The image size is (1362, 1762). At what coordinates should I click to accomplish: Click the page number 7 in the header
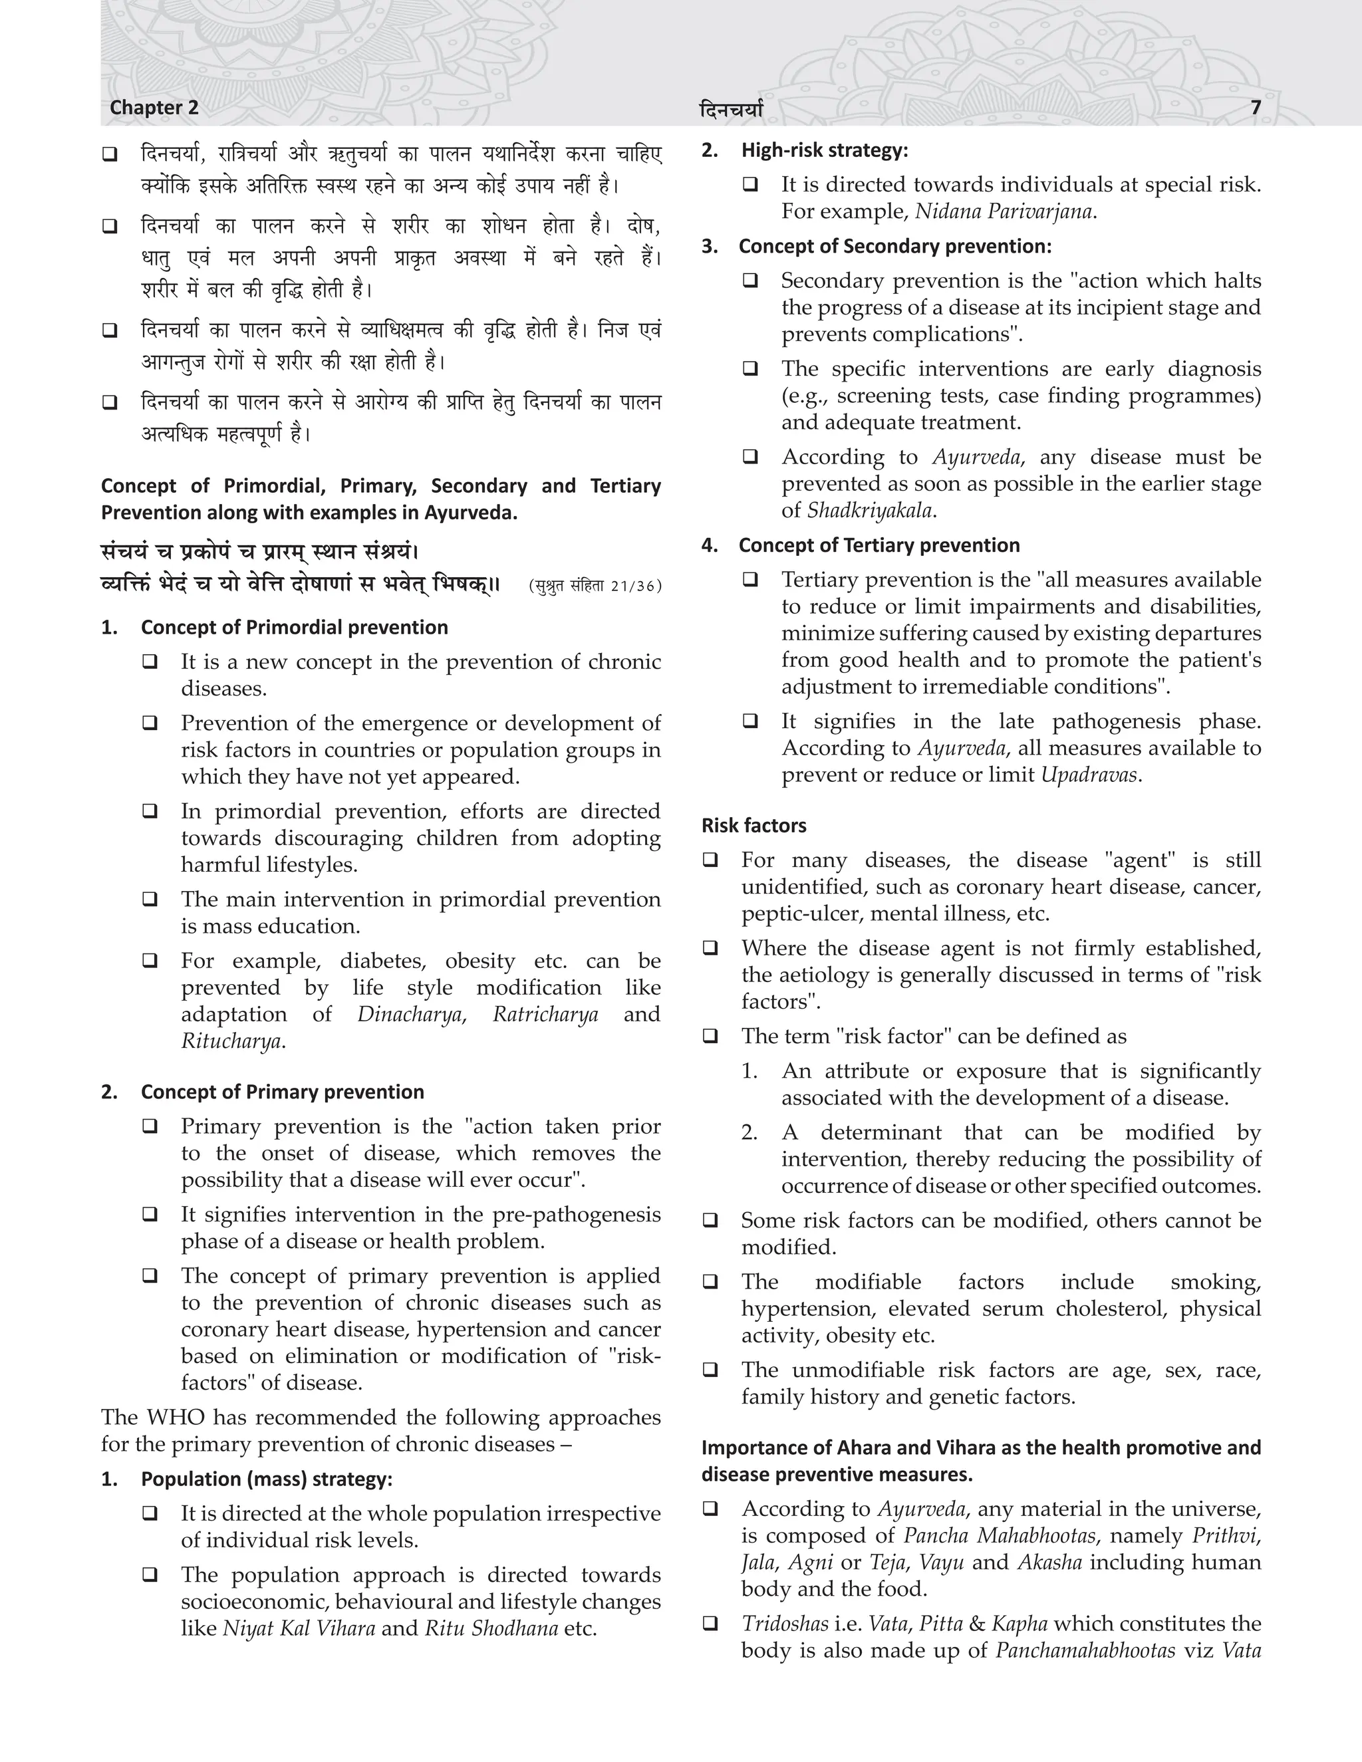click(x=1256, y=107)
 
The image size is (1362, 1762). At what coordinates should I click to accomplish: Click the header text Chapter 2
click(x=154, y=107)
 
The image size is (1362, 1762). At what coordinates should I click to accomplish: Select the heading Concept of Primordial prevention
click(x=295, y=628)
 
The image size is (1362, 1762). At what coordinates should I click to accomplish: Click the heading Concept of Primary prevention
click(x=283, y=1092)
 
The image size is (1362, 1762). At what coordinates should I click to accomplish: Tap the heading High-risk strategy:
click(x=825, y=150)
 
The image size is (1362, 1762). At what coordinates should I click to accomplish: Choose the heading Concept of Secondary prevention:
click(x=895, y=246)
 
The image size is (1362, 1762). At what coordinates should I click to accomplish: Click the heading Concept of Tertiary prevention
click(x=879, y=545)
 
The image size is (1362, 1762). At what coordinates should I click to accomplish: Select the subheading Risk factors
click(x=753, y=825)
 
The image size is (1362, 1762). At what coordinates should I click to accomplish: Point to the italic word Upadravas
click(x=1089, y=775)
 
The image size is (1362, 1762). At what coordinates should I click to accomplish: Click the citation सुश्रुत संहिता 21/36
click(x=595, y=586)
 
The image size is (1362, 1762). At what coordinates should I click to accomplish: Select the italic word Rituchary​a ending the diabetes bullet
click(x=231, y=1041)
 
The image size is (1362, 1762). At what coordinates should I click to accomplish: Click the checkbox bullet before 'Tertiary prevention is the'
click(x=750, y=580)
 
